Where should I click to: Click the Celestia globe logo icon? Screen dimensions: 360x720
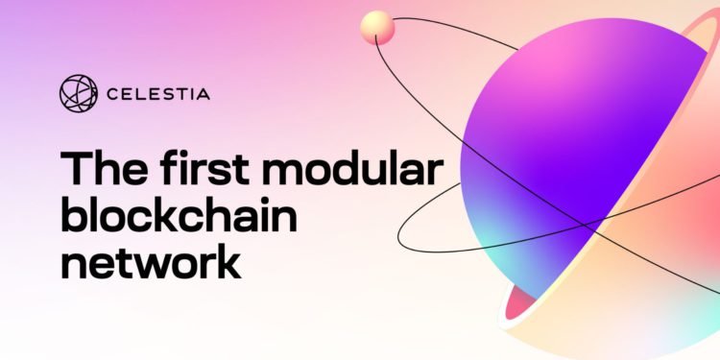pyautogui.click(x=79, y=94)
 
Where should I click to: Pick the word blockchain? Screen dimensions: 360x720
pyautogui.click(x=179, y=217)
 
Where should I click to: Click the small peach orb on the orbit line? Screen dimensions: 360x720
pyautogui.click(x=377, y=28)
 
